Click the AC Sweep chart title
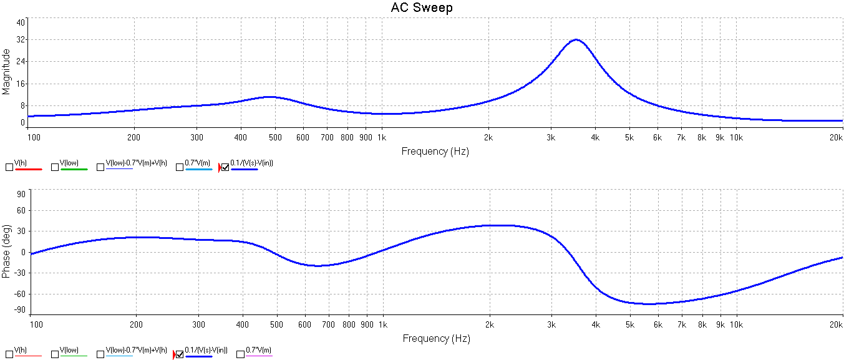click(422, 7)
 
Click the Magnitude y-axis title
click(6, 72)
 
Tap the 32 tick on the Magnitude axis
click(20, 39)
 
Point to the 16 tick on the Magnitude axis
click(20, 84)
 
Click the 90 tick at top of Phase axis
click(20, 194)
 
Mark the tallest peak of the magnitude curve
click(575, 40)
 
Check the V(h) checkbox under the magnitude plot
click(9, 167)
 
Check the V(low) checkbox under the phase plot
click(55, 354)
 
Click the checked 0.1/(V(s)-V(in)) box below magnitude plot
click(225, 167)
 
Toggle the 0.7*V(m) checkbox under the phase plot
click(241, 354)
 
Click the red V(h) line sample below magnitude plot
click(28, 169)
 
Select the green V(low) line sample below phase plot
click(74, 356)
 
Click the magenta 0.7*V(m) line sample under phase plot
click(259, 356)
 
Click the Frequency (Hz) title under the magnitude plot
click(435, 151)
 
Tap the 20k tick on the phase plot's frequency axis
click(836, 324)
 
